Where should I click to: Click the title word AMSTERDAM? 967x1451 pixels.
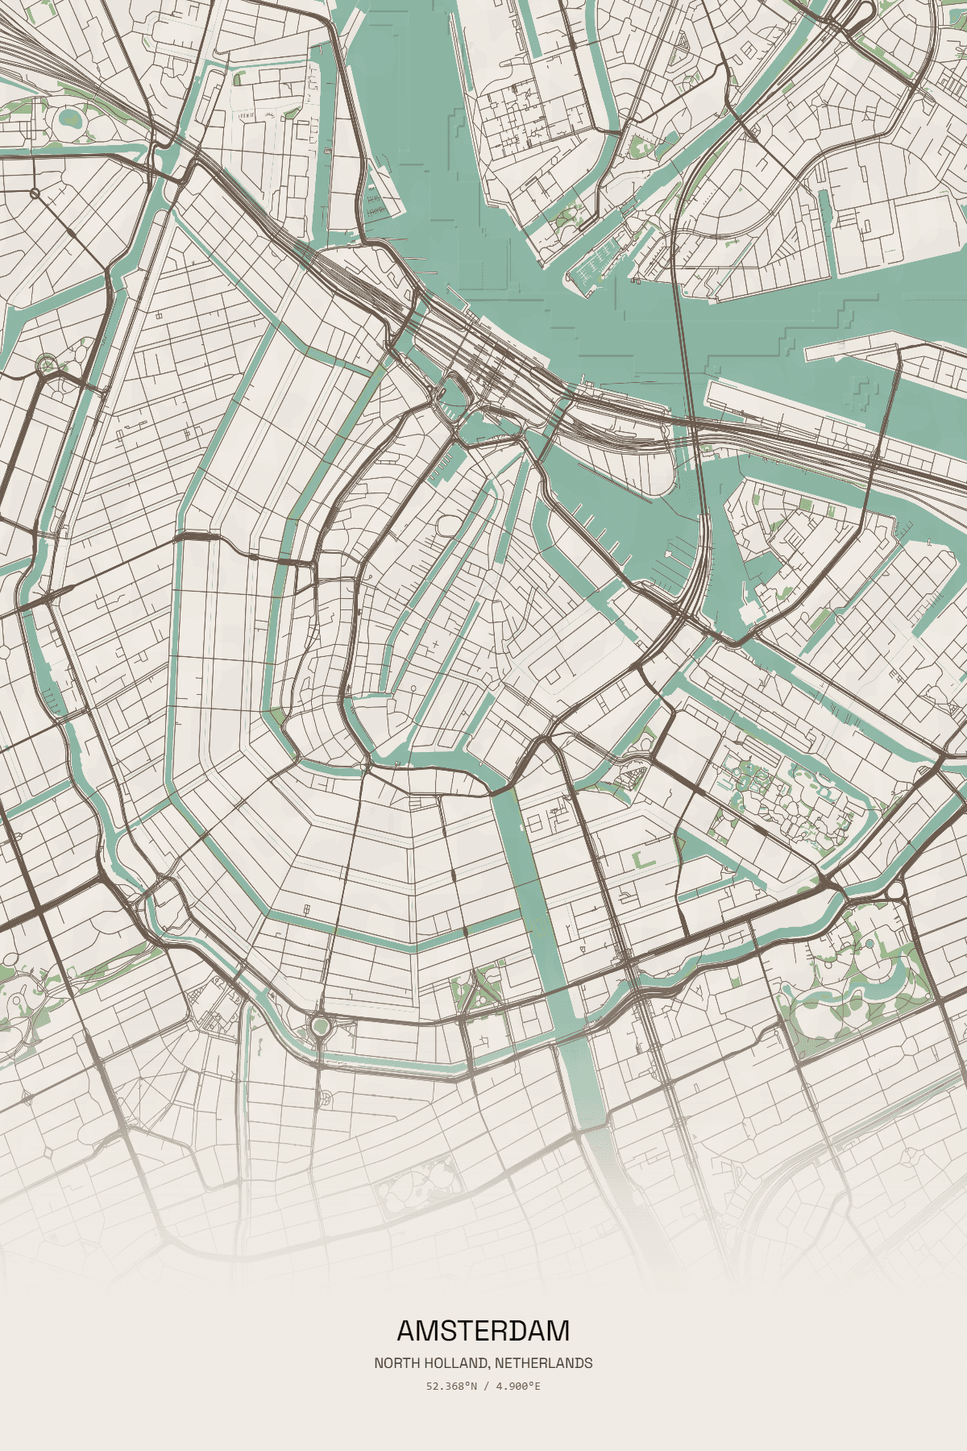[483, 1330]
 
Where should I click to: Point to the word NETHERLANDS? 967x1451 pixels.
[544, 1363]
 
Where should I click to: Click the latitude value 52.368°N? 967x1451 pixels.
[452, 1387]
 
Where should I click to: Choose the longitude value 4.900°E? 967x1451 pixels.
[518, 1387]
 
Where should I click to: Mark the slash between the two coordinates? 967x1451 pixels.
[486, 1387]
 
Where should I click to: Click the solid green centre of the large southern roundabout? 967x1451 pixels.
[321, 1026]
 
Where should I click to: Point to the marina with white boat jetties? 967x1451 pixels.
[600, 260]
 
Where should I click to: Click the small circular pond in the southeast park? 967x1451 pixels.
[870, 942]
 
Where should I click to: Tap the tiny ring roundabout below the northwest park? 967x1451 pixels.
[35, 193]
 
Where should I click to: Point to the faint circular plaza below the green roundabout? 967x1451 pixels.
[326, 1098]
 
